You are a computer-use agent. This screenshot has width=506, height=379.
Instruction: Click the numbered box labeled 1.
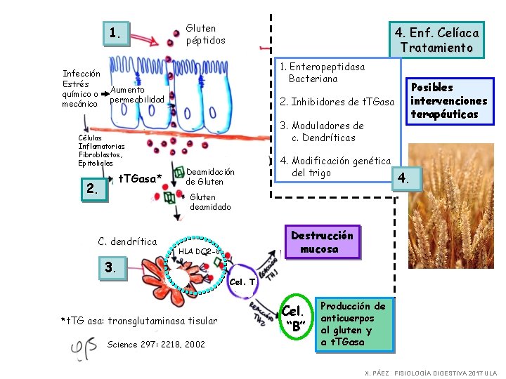(117, 32)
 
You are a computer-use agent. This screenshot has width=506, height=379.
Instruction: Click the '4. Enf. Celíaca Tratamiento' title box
(436, 40)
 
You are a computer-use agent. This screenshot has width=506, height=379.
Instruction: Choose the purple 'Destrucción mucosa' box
(323, 242)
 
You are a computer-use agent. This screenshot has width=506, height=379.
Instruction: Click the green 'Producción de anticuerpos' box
(354, 324)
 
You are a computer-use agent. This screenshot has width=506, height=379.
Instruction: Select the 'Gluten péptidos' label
(205, 34)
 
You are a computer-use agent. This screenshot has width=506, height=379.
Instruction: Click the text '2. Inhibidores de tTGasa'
(337, 102)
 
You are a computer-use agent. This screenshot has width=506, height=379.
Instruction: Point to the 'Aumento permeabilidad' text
(136, 94)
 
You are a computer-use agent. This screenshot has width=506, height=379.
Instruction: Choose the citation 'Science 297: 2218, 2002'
(156, 345)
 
